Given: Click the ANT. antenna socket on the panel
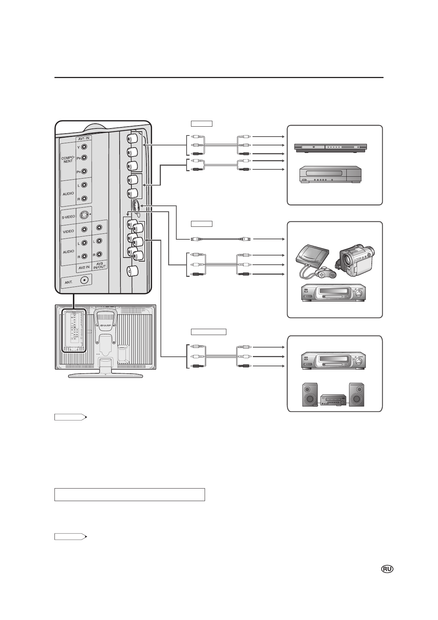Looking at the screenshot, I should pyautogui.click(x=85, y=280).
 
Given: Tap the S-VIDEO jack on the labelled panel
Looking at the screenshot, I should pyautogui.click(x=84, y=215).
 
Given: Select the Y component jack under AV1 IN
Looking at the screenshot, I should pyautogui.click(x=84, y=147).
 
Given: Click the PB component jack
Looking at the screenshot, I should pyautogui.click(x=84, y=158).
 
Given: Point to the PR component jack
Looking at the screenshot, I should pyautogui.click(x=84, y=171).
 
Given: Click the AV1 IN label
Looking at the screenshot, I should pyautogui.click(x=84, y=139).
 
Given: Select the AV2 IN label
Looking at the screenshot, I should pyautogui.click(x=84, y=268).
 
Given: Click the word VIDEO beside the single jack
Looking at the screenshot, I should pyautogui.click(x=68, y=232).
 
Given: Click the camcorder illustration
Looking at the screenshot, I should pyautogui.click(x=355, y=260).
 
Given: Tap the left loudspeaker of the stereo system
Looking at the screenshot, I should pyautogui.click(x=310, y=394).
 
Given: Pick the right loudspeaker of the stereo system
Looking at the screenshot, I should pyautogui.click(x=357, y=394).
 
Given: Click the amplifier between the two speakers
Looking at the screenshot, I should pyautogui.click(x=333, y=400).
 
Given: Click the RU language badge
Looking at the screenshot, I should pyautogui.click(x=387, y=569).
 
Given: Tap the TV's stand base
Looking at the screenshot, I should pyautogui.click(x=105, y=375).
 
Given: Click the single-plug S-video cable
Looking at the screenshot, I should pyautogui.click(x=220, y=239).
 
